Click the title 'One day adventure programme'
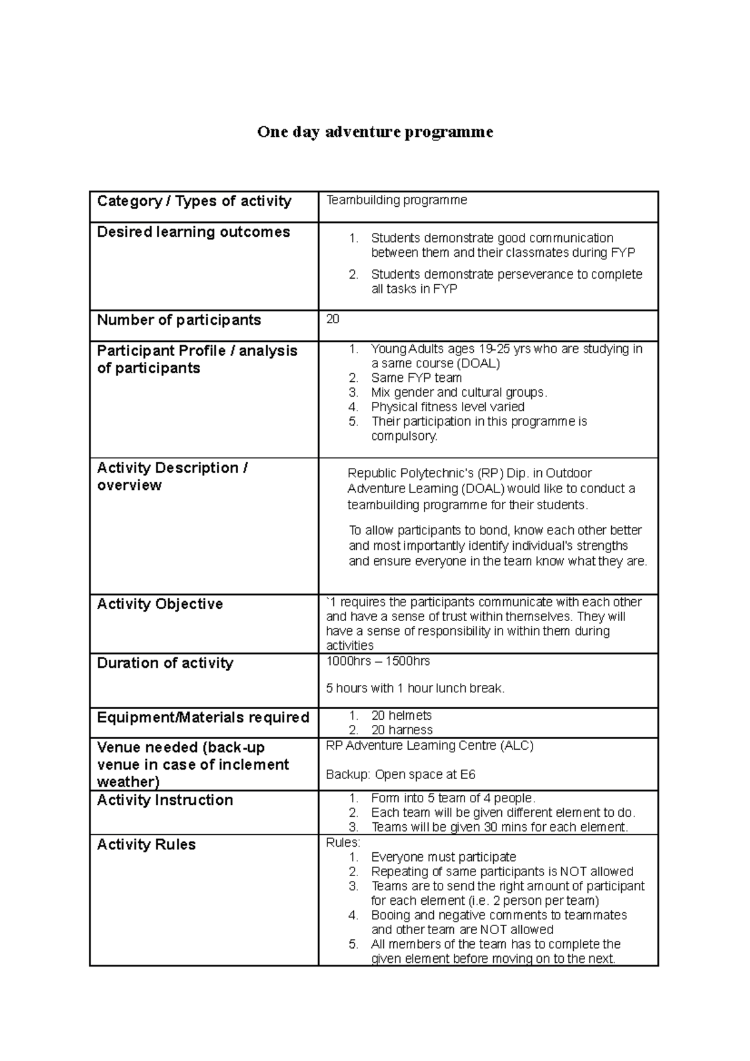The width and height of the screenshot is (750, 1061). pos(375,132)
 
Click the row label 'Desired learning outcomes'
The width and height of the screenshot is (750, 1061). pos(193,232)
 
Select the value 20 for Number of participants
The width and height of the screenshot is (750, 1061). pos(332,319)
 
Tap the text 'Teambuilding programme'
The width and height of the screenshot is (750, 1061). pos(396,200)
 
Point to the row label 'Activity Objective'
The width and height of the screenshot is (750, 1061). pos(160,604)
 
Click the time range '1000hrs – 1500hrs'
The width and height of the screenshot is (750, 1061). pos(377,661)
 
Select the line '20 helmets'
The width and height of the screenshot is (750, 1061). pos(401,715)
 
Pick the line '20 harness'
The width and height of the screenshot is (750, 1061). pos(401,730)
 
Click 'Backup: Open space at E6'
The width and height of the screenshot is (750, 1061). pos(401,775)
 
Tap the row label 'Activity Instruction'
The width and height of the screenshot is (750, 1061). pos(165,800)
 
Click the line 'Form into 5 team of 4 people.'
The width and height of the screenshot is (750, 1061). pos(453,798)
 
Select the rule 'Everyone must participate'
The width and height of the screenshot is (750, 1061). pos(443,857)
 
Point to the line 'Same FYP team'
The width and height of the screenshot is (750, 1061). pos(416,378)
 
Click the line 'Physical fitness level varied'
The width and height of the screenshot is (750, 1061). pos(447,407)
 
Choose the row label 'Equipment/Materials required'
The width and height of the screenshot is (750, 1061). pos(203,718)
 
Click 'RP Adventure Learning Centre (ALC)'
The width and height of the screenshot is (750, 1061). pos(429,745)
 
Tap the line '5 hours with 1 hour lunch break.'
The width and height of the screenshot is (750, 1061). pos(415,689)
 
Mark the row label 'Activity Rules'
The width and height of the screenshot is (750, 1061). pos(146,845)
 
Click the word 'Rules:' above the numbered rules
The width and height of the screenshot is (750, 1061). pos(343,843)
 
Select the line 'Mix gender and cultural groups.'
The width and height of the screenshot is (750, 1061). pos(459,392)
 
